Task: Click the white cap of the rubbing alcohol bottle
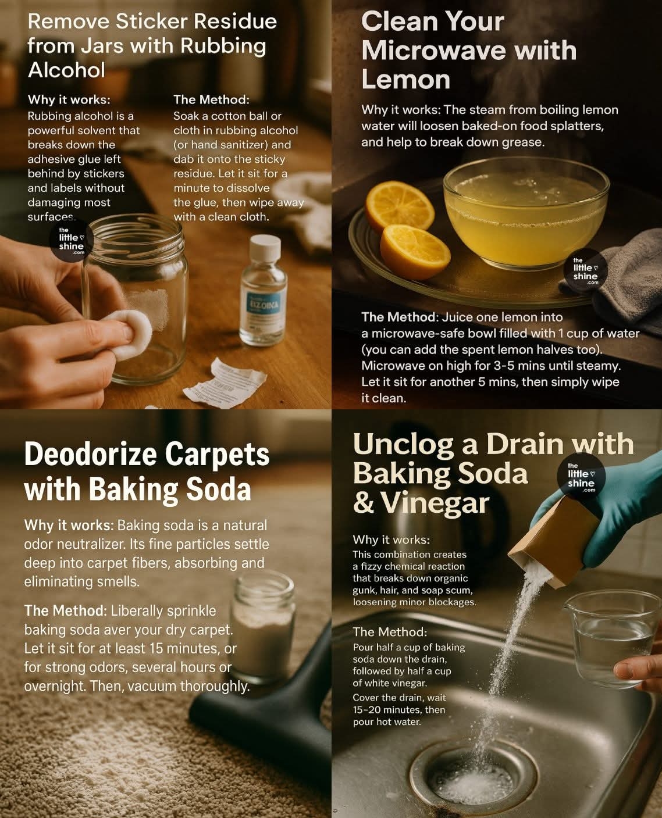pyautogui.click(x=265, y=248)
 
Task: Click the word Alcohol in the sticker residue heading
pyautogui.click(x=66, y=70)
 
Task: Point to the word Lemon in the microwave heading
pyautogui.click(x=405, y=80)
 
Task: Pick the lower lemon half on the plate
pyautogui.click(x=415, y=252)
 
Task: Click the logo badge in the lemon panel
pyautogui.click(x=586, y=270)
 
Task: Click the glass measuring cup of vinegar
pyautogui.click(x=611, y=638)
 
